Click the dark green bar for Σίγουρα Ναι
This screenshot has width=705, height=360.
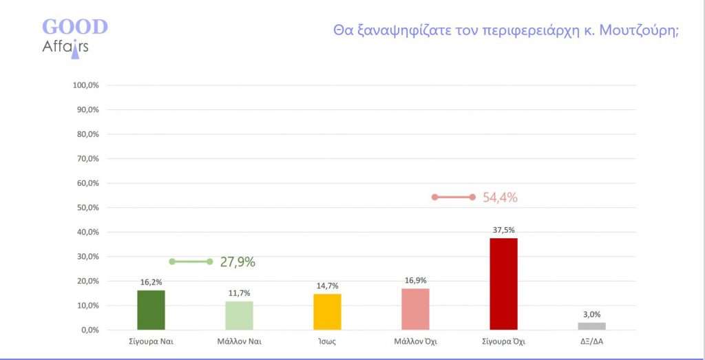pos(151,310)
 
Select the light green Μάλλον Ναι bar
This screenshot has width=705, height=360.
pos(239,315)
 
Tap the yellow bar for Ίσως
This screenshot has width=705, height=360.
pos(327,312)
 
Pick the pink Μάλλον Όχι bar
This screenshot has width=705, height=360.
pos(415,309)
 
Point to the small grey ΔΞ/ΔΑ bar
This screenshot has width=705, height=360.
pos(591,326)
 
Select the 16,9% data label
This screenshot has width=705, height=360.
pos(415,281)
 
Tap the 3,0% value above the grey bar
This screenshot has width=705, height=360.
pos(591,315)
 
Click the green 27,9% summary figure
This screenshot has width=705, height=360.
pos(238,262)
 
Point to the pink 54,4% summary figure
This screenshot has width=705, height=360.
pos(500,198)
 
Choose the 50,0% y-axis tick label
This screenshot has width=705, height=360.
pos(87,208)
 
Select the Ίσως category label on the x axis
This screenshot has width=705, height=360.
pos(327,341)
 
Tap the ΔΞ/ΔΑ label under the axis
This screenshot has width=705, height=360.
pos(591,341)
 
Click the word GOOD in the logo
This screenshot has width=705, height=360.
pos(75,27)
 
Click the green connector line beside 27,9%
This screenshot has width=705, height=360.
pos(191,262)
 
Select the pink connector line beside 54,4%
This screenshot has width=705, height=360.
pos(453,197)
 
